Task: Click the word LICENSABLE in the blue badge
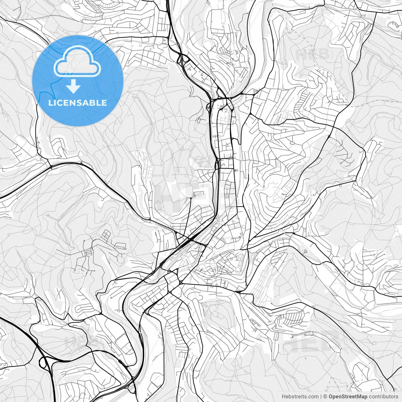78,103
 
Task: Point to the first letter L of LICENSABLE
51,103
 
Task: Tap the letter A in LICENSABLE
84,103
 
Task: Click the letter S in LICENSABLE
78,103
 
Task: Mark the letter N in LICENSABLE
72,103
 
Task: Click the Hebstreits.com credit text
300,397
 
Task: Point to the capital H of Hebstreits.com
284,397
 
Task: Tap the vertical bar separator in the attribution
321,397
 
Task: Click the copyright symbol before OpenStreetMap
326,397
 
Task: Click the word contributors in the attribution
383,397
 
